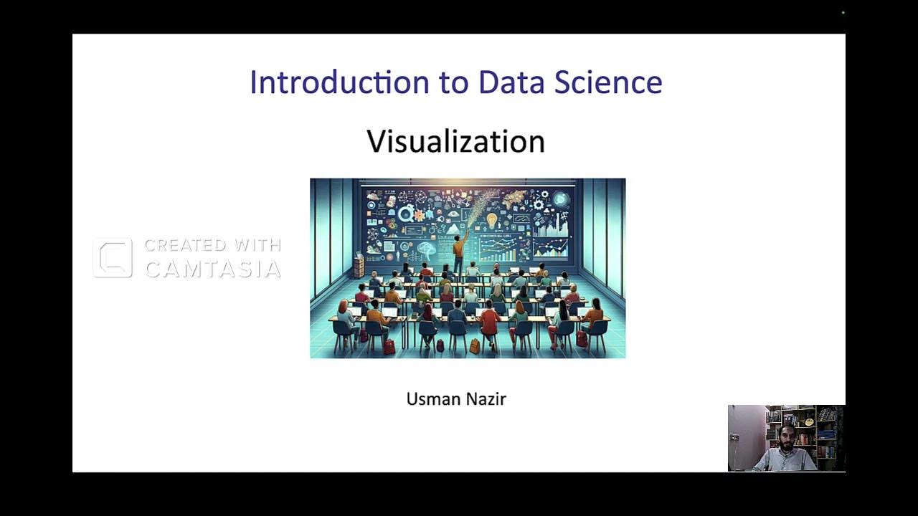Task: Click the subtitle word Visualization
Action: pyautogui.click(x=456, y=141)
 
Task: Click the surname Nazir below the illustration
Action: pyautogui.click(x=488, y=399)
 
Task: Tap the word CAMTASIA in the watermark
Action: pyautogui.click(x=212, y=269)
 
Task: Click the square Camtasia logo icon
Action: pyautogui.click(x=113, y=258)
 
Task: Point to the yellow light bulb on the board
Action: pyautogui.click(x=492, y=220)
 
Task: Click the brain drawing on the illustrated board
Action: pyautogui.click(x=427, y=250)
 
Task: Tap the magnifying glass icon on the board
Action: pyautogui.click(x=406, y=213)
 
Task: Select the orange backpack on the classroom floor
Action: pyautogui.click(x=474, y=346)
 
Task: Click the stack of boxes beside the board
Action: pyautogui.click(x=359, y=267)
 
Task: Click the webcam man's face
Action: pyautogui.click(x=787, y=437)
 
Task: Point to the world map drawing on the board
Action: pyautogui.click(x=518, y=199)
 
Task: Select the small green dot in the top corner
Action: pyautogui.click(x=843, y=13)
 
